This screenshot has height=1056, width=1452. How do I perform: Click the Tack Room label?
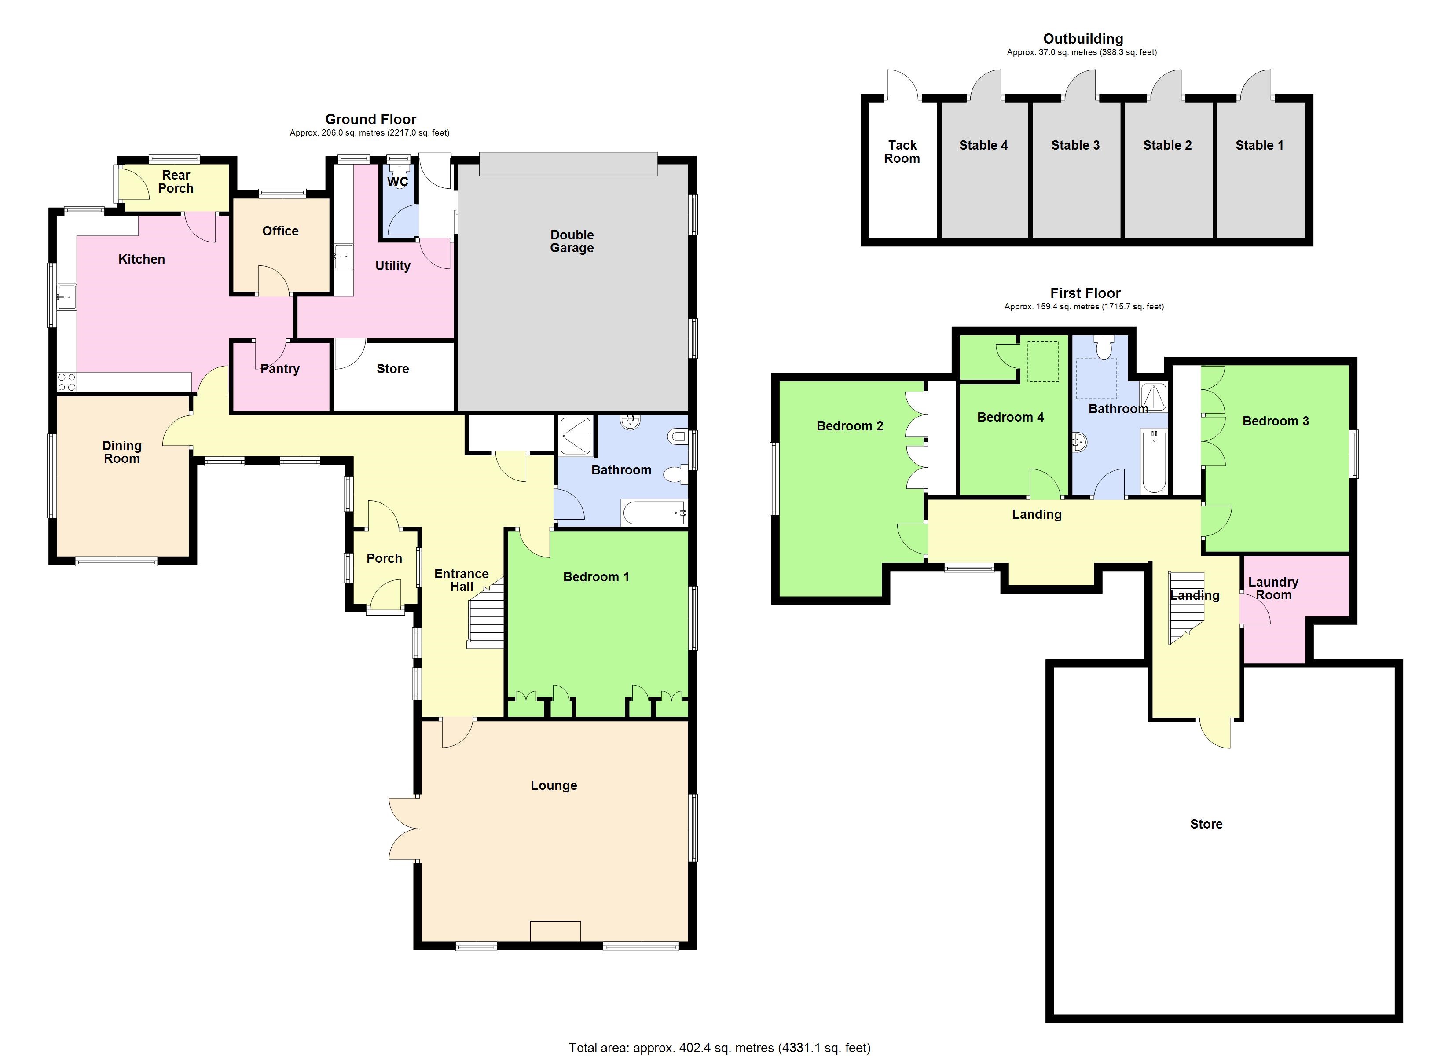coord(902,152)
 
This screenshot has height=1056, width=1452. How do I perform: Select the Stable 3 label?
coord(1075,145)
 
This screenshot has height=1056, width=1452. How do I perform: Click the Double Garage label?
coord(572,242)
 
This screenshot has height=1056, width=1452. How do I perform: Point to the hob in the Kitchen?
coord(66,382)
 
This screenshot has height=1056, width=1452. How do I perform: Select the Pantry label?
coord(280,369)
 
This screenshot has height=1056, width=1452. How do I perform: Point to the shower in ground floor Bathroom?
coord(576,436)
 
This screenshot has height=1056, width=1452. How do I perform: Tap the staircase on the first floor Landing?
coord(1186,605)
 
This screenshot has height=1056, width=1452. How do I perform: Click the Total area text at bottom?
coord(719,1048)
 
